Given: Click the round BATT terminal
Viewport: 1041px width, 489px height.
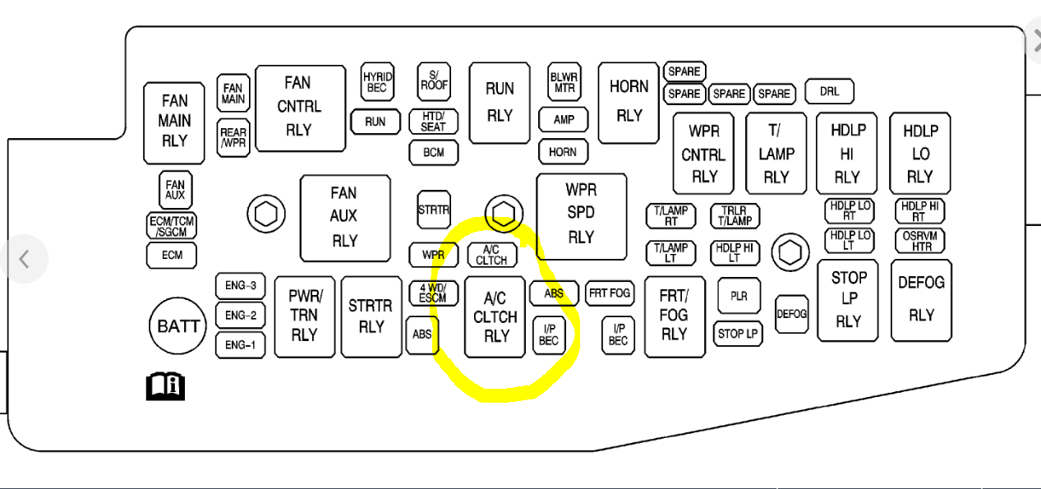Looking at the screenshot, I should coord(178,326).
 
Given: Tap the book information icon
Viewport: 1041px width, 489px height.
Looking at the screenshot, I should coord(165,385).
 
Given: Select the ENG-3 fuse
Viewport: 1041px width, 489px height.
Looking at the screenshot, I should coord(241,286).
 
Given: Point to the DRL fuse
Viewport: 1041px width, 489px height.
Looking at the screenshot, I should coord(829,91).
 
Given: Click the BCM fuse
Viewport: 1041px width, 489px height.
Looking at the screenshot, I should coord(433,153).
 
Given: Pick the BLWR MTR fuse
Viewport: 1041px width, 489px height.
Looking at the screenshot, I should coord(564,82).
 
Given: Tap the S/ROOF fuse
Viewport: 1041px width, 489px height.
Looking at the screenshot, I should coord(434,80).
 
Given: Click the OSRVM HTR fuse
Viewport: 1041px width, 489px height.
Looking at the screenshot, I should coord(919,241).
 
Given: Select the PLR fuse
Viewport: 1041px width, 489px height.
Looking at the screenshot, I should coord(739,296).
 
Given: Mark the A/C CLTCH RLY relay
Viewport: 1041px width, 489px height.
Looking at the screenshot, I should coord(495,317).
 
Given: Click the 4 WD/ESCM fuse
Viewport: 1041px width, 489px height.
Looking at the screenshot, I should coord(433,293).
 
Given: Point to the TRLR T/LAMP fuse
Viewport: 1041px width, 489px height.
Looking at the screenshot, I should coord(735,216).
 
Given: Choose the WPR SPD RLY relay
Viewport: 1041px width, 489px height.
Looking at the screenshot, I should coord(581,214).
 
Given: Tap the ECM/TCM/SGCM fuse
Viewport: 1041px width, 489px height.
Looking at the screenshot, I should coord(172,226).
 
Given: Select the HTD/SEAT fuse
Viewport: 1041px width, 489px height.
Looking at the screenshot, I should coord(433,122).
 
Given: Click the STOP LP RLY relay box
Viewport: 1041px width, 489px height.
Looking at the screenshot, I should coord(848,300).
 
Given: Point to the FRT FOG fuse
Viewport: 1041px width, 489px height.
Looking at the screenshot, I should coord(609,293).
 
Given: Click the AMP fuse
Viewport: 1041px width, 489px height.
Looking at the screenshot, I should coord(564,120).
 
